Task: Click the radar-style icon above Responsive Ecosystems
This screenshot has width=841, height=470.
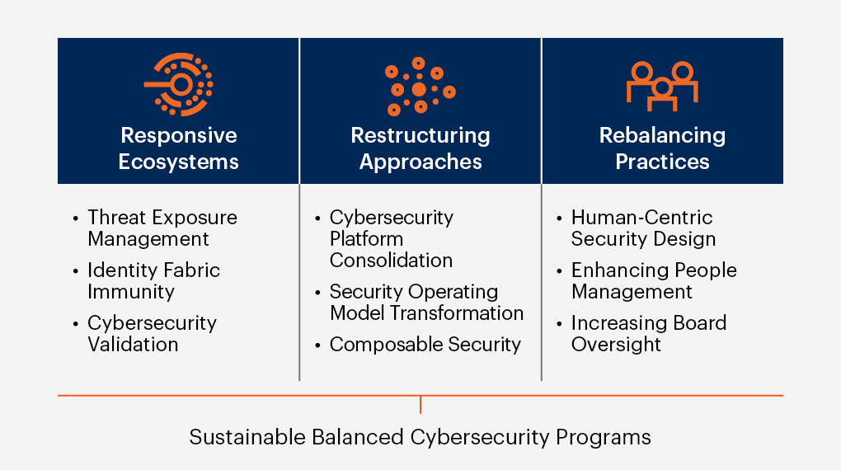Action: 179,84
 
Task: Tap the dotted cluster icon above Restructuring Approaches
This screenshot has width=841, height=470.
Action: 420,86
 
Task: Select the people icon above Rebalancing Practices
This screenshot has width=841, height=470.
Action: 662,85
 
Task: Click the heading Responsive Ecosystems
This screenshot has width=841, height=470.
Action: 178,148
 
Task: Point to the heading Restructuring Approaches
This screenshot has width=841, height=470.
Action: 420,148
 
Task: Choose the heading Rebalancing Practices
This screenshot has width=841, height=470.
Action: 662,148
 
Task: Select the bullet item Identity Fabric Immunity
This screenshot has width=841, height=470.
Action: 153,281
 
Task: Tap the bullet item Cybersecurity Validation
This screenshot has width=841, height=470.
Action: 152,334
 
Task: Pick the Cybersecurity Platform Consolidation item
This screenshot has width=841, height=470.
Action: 391,239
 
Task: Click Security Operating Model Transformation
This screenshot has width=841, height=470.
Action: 426,303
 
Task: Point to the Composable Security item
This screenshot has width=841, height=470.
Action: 425,345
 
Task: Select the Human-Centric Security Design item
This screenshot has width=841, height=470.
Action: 643,228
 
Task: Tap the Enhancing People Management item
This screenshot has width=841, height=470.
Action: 654,281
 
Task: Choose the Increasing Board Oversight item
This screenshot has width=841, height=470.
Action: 649,334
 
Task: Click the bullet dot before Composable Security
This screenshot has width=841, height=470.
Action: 318,345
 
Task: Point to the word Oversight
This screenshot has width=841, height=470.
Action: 616,345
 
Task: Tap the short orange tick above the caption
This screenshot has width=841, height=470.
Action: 420,404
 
